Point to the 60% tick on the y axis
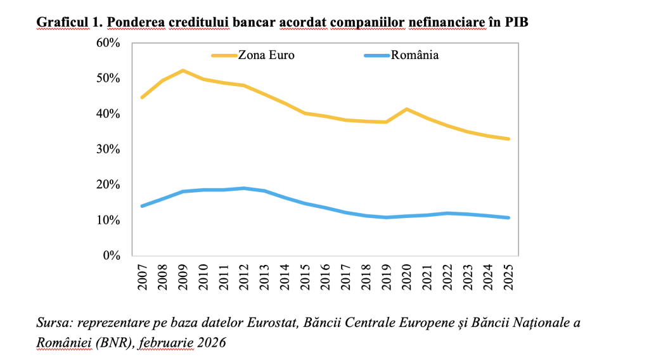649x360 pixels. pos(108,43)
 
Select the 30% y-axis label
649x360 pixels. pos(108,150)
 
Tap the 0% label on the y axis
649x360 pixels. pos(111,256)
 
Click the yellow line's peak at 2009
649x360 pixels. pos(183,70)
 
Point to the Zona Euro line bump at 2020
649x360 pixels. pos(406,110)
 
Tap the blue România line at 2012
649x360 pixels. pos(244,188)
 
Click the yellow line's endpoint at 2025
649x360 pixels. pos(508,139)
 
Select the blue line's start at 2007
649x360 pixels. pos(143,206)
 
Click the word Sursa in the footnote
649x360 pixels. pos(53,323)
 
